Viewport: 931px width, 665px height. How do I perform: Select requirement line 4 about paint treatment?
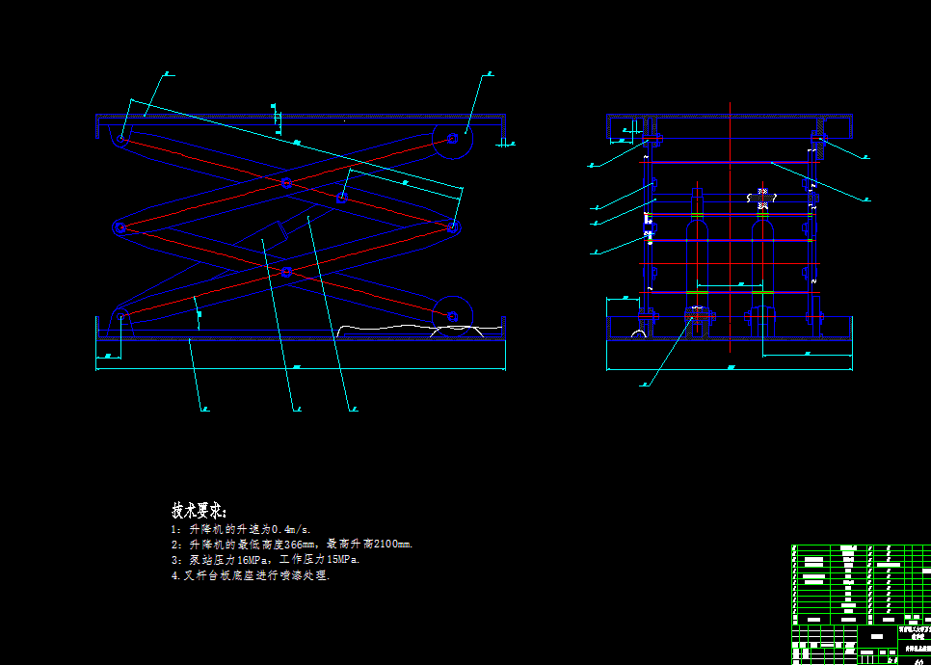pos(250,575)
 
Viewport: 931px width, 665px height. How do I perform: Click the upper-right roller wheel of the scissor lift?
pos(452,140)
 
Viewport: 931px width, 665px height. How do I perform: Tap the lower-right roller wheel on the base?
pos(451,315)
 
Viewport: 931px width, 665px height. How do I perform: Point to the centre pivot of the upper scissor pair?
pos(286,182)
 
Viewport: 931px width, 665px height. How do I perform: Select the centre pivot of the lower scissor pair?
pos(286,272)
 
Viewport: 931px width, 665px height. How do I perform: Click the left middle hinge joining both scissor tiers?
pos(120,227)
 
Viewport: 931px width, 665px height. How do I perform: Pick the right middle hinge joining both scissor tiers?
pos(453,227)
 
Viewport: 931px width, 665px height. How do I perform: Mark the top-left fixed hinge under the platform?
pos(121,139)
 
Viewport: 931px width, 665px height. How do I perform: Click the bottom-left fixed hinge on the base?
pos(122,316)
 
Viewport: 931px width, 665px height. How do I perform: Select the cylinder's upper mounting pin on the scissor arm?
pos(342,198)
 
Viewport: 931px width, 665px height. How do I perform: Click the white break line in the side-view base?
pos(405,330)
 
